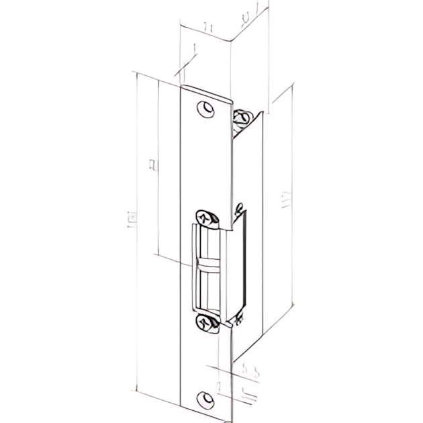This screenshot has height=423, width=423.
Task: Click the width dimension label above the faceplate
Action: [207, 28]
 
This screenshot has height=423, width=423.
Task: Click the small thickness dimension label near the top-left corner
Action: [193, 48]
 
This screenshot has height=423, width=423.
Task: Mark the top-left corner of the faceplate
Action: [182, 87]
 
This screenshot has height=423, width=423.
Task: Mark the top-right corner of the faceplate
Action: [232, 101]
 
